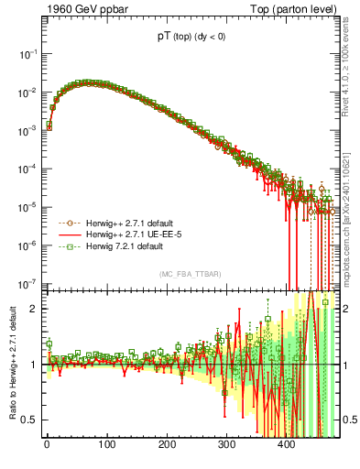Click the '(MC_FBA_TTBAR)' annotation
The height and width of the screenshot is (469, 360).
point(189,275)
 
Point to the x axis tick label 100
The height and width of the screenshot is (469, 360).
point(107,445)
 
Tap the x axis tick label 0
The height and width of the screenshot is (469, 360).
point(47,445)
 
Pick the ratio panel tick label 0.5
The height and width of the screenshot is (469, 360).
point(29,420)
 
